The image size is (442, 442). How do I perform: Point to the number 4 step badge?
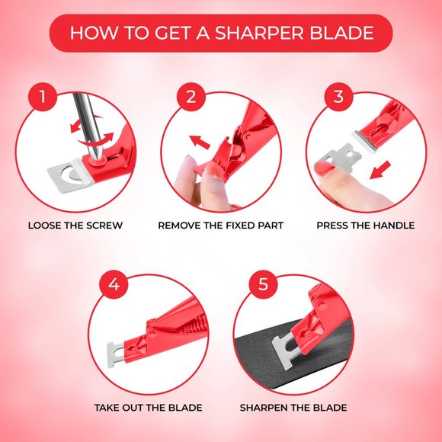click(114, 286)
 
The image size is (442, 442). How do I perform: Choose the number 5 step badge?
click(263, 286)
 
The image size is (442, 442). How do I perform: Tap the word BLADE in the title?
click(345, 34)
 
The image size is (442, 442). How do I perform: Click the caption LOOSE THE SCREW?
click(75, 226)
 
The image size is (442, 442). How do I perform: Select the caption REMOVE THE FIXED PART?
click(221, 226)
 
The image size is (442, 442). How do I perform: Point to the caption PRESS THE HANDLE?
click(366, 226)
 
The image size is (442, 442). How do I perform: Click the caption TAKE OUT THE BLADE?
click(148, 408)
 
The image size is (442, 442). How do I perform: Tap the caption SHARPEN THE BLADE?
click(293, 408)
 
